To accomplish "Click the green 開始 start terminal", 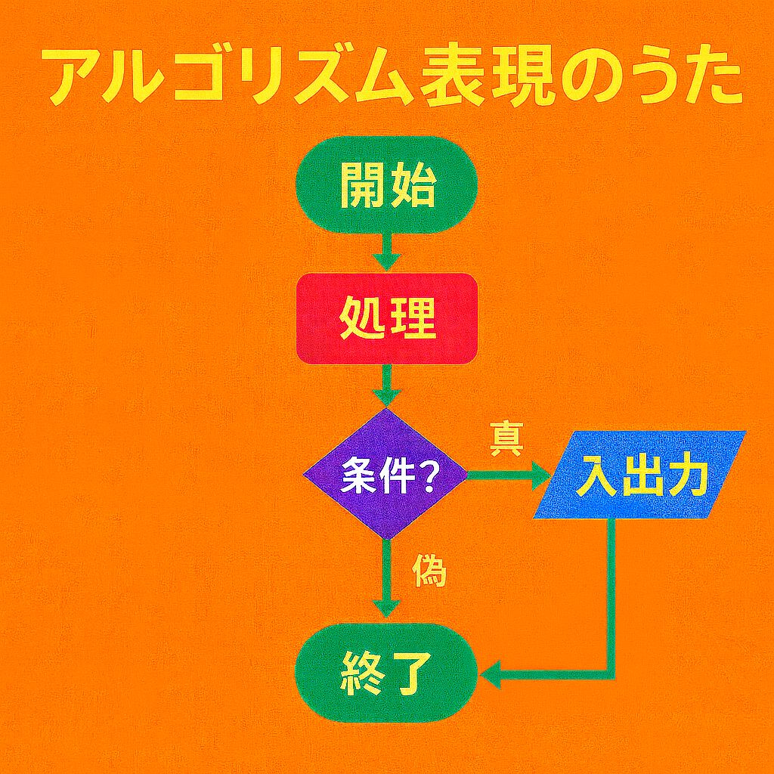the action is (386, 184).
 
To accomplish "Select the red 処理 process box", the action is (386, 318).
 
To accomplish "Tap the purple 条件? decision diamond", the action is (385, 475).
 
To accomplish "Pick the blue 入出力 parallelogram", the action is (639, 475).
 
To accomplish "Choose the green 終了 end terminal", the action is (386, 673).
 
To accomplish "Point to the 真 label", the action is (506, 438).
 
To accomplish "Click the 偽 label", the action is (429, 571).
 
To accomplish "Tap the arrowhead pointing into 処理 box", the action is (386, 262).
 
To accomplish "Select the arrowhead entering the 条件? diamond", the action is (386, 396).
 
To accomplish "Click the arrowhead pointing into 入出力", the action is (541, 475).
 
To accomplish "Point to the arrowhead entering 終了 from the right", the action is (491, 674).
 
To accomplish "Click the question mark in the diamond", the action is (425, 476).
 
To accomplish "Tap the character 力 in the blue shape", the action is (686, 475).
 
